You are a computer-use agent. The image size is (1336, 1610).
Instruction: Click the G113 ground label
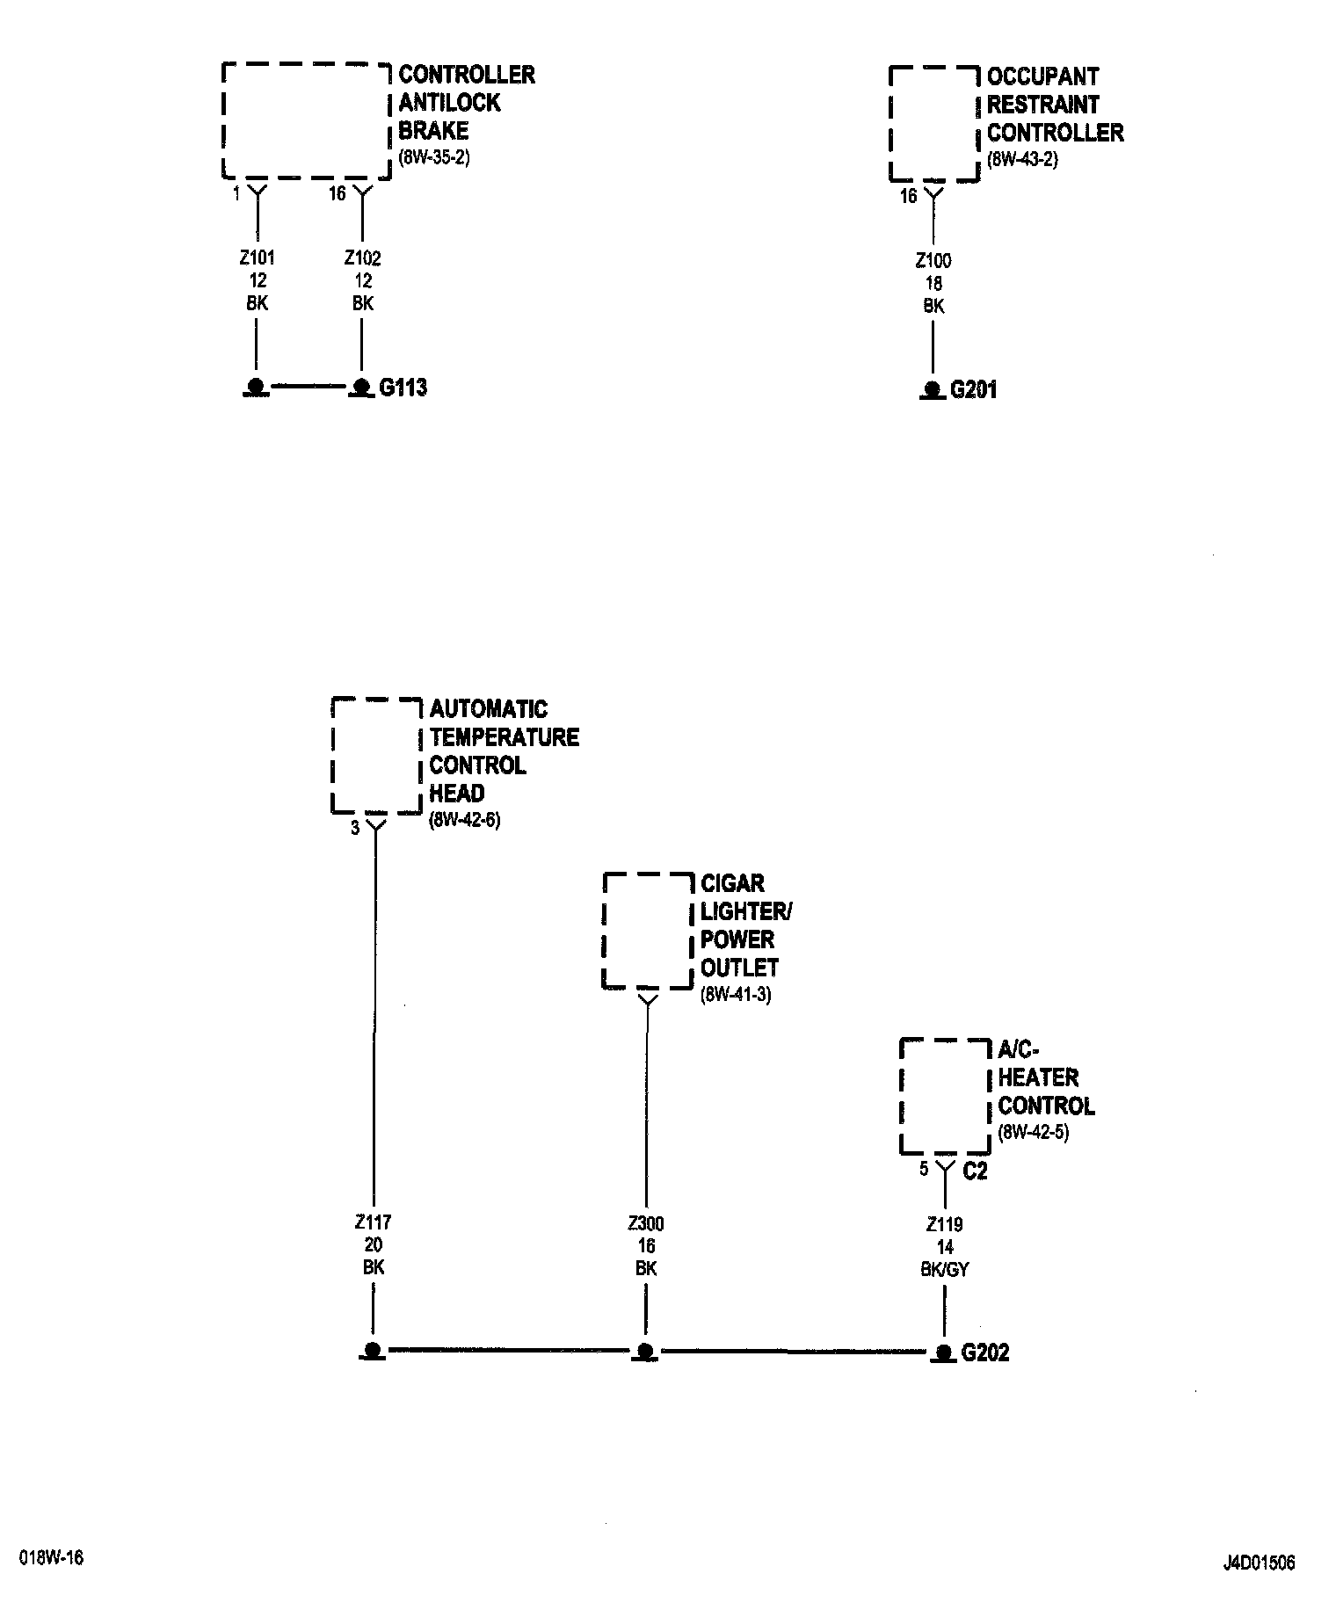(403, 388)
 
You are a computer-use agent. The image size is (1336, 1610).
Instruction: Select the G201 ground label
(974, 390)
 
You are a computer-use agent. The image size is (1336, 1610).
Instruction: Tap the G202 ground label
(985, 1352)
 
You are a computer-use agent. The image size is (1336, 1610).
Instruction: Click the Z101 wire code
(257, 258)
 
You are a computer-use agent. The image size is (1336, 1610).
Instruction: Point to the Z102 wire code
(362, 258)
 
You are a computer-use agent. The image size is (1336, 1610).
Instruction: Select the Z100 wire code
(933, 261)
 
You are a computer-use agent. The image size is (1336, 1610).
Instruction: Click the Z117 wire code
(374, 1222)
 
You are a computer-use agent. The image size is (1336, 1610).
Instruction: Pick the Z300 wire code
(646, 1223)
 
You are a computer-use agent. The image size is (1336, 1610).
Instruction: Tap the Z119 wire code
(945, 1224)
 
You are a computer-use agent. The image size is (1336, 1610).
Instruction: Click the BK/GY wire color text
(945, 1270)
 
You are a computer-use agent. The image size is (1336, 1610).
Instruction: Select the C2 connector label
(976, 1171)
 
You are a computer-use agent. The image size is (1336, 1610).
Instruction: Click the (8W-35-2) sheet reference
(434, 158)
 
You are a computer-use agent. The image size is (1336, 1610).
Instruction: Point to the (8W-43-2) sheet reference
(1022, 160)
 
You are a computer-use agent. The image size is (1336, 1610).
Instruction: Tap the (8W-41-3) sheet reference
(736, 996)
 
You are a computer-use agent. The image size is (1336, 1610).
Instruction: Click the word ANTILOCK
(449, 103)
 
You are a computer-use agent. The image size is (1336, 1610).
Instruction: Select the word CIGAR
(732, 883)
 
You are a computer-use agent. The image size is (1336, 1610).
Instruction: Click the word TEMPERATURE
(505, 737)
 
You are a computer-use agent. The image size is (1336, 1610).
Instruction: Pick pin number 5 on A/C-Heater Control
(924, 1170)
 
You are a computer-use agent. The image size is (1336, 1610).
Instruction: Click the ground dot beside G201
(933, 390)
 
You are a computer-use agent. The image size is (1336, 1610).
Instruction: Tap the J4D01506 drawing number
(1259, 1563)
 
